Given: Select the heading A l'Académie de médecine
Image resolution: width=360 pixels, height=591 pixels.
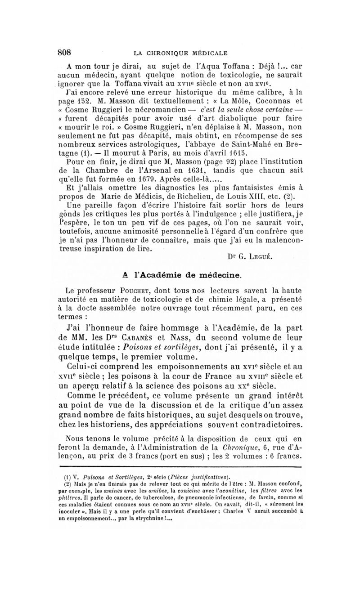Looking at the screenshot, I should [180, 273].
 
